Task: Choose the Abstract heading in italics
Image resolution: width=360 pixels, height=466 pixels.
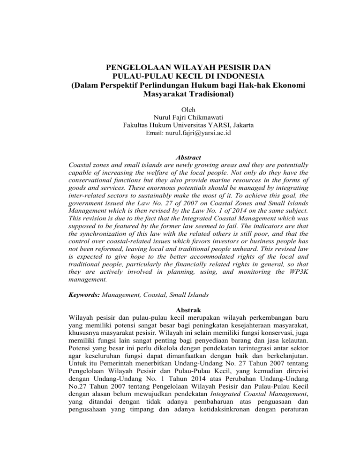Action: tap(180, 158)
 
